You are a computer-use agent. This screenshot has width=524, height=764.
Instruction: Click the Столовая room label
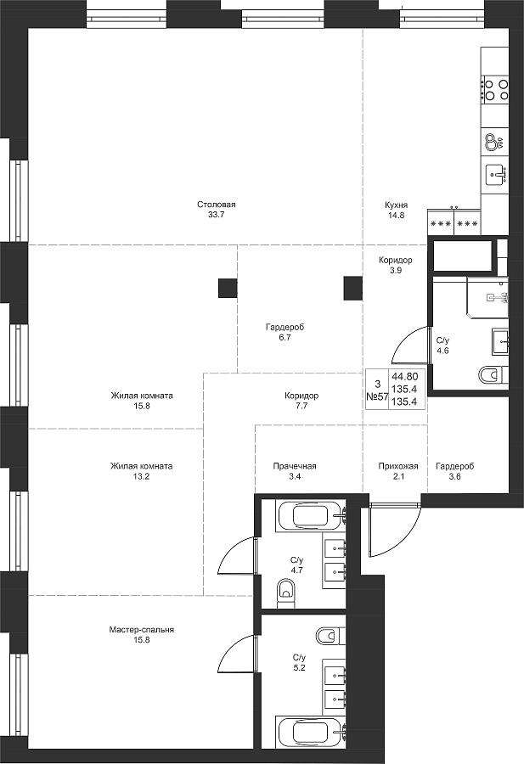tap(216, 205)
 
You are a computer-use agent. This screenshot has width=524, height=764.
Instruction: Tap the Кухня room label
tap(396, 205)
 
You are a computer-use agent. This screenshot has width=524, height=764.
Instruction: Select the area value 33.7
tap(216, 215)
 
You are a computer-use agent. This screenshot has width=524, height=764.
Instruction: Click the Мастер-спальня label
tap(141, 630)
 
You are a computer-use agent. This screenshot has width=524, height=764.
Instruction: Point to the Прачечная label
tap(295, 466)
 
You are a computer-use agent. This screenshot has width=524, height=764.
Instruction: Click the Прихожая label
tap(398, 466)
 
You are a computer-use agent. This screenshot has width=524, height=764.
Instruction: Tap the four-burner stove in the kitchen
tap(496, 90)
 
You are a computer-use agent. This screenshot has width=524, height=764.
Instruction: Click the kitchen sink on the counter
tap(496, 175)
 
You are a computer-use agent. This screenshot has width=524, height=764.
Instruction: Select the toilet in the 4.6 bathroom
tap(493, 375)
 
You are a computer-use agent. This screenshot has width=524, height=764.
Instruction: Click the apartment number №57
tap(377, 396)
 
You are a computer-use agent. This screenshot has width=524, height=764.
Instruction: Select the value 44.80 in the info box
tap(404, 376)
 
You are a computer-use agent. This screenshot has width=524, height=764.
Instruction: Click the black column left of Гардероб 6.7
tap(228, 288)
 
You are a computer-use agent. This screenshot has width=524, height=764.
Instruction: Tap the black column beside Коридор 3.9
tap(353, 288)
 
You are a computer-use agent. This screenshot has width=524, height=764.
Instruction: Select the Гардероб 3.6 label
tap(454, 471)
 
